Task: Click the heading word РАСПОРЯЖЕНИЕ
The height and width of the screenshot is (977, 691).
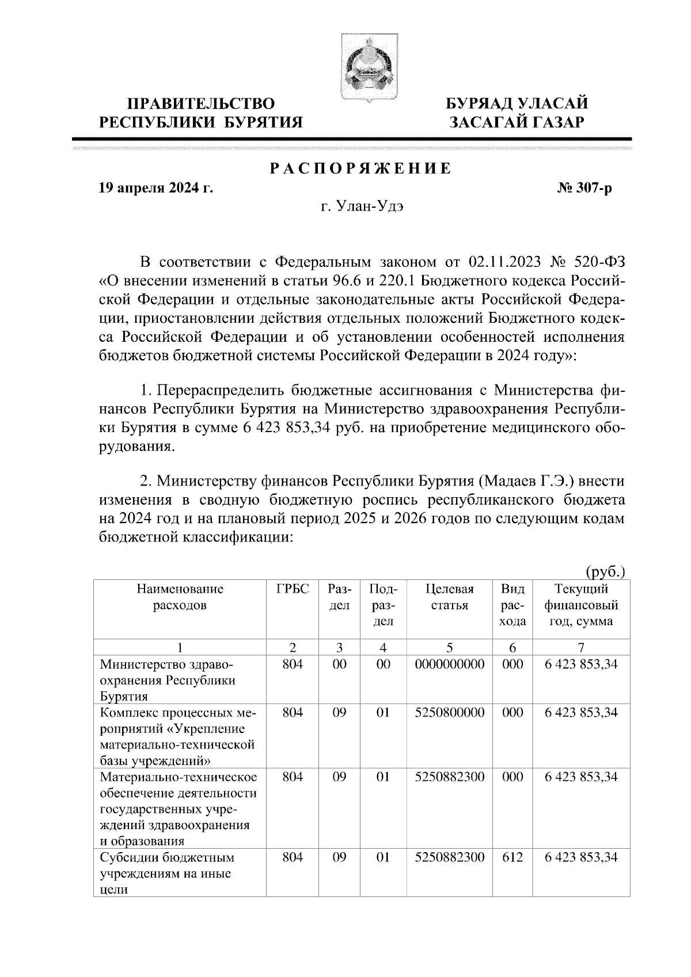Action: click(360, 169)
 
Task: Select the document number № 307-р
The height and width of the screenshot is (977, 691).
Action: click(580, 188)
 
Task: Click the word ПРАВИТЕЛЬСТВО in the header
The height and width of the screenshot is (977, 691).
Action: click(200, 104)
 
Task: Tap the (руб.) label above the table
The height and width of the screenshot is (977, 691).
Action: click(605, 572)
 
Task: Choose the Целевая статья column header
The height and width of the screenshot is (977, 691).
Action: click(449, 597)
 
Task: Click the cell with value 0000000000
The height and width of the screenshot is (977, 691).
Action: click(449, 665)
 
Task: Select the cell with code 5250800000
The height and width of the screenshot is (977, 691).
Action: click(449, 713)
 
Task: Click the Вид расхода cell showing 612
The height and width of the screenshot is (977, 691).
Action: click(512, 858)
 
